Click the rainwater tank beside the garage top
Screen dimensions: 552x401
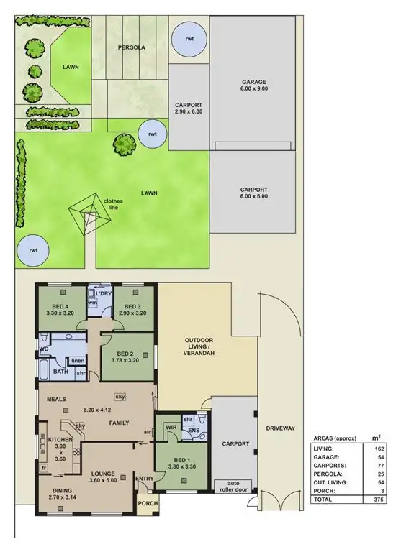coord(190,38)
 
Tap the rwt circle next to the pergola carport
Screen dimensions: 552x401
coord(152,134)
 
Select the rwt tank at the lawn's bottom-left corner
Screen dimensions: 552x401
coord(32,249)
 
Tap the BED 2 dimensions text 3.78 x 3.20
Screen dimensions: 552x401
coord(128,359)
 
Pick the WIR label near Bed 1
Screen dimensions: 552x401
coord(171,426)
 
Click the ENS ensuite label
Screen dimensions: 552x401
coord(194,431)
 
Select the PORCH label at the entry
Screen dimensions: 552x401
coord(148,503)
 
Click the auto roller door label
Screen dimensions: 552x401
coord(234,487)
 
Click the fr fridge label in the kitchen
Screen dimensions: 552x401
coord(44,468)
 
